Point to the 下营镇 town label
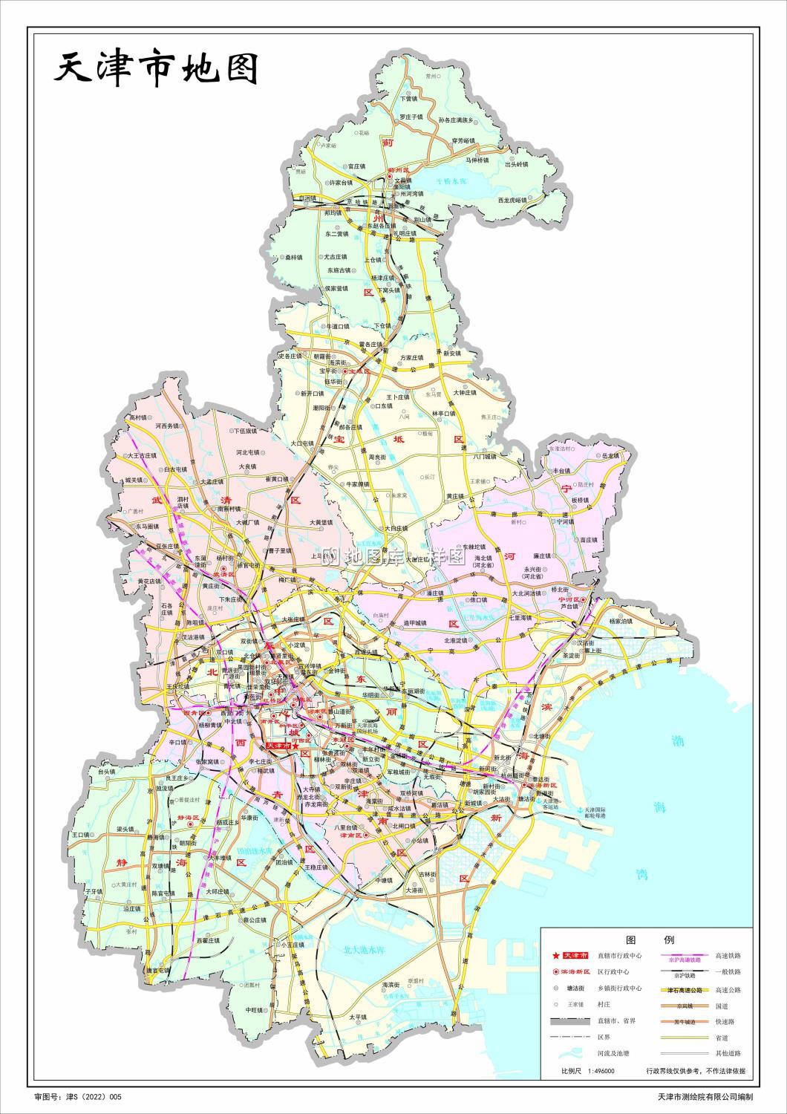410,98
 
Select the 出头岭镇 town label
517,164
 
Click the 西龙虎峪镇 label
512,201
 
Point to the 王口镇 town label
80,835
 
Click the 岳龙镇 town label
610,455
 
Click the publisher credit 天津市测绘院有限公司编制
705,1096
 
